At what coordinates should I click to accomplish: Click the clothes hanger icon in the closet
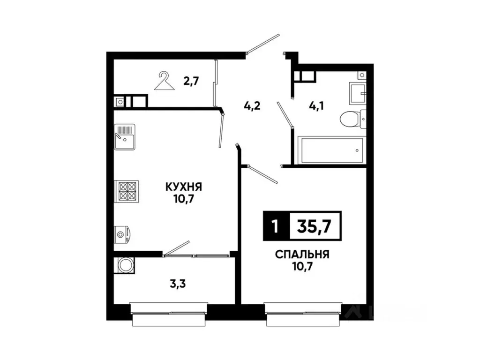(x=163, y=81)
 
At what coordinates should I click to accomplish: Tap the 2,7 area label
(x=191, y=82)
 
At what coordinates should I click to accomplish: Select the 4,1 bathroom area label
(x=315, y=105)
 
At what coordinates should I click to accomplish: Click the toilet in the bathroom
(x=350, y=119)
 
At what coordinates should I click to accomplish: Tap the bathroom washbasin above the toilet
(x=357, y=93)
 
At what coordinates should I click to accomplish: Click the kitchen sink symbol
(x=124, y=136)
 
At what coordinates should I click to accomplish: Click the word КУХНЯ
(x=183, y=187)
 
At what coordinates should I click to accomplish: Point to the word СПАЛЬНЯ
(x=302, y=255)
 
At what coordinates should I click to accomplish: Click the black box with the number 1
(x=275, y=226)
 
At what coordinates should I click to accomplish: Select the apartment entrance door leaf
(x=263, y=44)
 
